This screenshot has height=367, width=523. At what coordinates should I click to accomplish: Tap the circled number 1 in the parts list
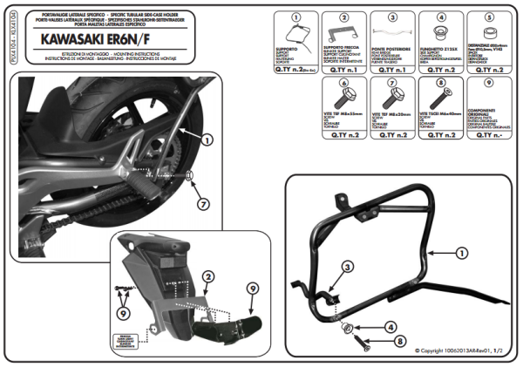pos(295,17)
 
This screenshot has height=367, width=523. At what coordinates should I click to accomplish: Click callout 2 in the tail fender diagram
pos(207,277)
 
